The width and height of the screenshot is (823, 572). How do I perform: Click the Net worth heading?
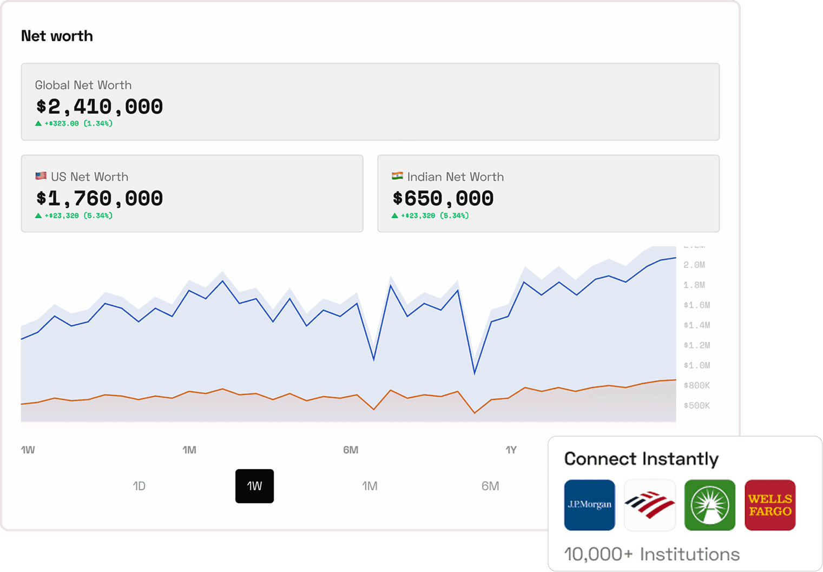click(57, 36)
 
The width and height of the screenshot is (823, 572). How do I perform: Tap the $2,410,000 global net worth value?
click(100, 107)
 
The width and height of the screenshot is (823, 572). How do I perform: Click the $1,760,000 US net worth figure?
click(100, 199)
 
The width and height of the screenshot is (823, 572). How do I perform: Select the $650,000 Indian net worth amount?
click(443, 199)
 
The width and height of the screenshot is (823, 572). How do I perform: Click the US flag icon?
click(41, 176)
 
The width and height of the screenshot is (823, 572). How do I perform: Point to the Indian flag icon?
click(397, 176)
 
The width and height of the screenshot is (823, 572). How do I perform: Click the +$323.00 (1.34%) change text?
click(78, 123)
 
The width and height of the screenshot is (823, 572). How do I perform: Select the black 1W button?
click(254, 486)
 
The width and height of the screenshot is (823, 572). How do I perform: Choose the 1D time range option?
click(139, 486)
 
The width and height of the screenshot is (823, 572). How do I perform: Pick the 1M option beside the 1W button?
click(370, 486)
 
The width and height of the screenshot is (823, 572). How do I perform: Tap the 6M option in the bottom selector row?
click(490, 486)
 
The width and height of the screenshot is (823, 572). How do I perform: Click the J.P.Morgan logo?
click(589, 505)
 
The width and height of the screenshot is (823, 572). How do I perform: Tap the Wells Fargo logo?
click(770, 505)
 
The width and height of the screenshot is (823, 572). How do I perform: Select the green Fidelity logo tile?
click(709, 505)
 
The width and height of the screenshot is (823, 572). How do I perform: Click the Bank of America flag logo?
click(649, 505)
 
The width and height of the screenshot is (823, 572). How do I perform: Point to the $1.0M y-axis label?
click(696, 365)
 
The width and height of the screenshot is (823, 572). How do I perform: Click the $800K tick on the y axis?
click(696, 385)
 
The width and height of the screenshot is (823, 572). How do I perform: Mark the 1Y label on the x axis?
click(511, 450)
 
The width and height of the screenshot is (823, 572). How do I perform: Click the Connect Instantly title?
click(641, 459)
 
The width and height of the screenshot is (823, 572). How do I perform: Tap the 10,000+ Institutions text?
click(651, 554)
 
